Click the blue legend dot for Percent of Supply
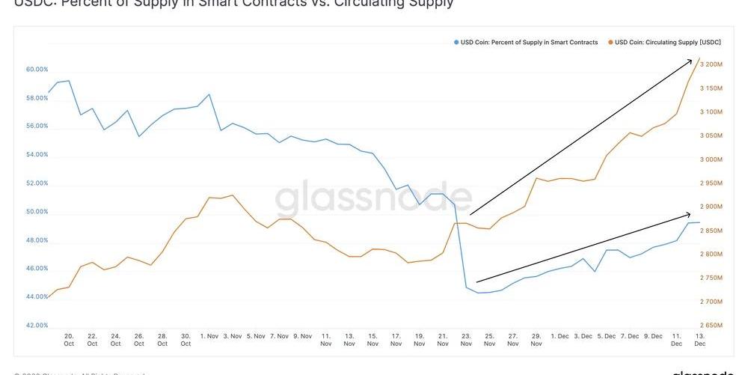point(456,43)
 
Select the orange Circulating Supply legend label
point(667,43)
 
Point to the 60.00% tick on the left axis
point(37,70)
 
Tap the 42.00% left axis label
point(37,326)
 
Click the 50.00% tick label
point(37,212)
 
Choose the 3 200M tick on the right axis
point(711,64)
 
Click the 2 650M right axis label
point(711,326)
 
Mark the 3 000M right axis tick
point(711,159)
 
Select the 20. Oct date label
point(69,340)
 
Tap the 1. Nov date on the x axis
point(209,336)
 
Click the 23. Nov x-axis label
point(466,340)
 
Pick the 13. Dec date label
point(700,340)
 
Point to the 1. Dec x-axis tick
point(560,336)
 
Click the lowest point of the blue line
point(478,293)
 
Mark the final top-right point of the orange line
point(699,58)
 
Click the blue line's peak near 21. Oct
point(69,81)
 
